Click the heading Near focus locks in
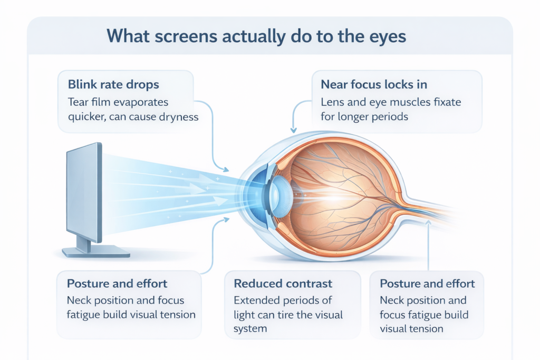pos(373,84)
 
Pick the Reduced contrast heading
pos(283,284)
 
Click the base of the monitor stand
pos(95,252)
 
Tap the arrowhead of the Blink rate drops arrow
pos(227,170)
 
